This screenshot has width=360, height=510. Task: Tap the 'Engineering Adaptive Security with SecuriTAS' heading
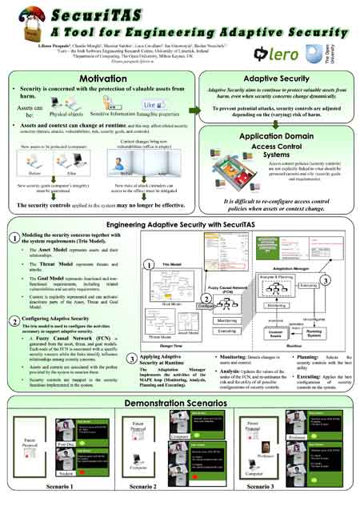pos(179,226)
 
